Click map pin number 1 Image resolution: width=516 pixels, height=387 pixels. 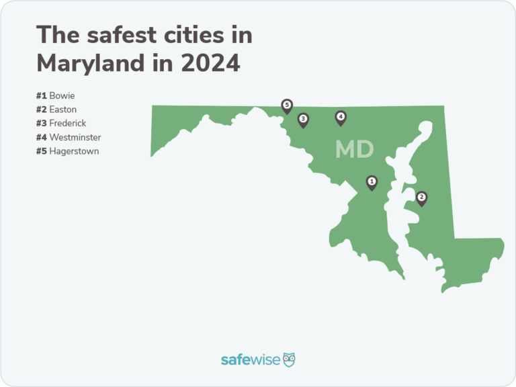click(x=371, y=181)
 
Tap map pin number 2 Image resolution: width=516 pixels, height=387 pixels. click(x=421, y=198)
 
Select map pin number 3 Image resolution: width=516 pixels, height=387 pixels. click(x=303, y=120)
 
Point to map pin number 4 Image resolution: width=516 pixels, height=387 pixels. click(x=341, y=118)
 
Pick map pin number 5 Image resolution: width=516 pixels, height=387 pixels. click(x=287, y=105)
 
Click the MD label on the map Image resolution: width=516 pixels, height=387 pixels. click(x=354, y=149)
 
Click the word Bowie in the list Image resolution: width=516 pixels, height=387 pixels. click(x=62, y=96)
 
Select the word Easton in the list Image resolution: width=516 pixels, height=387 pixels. click(x=63, y=110)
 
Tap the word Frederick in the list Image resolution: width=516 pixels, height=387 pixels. click(x=68, y=124)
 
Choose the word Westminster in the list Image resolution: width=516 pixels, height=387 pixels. click(x=75, y=137)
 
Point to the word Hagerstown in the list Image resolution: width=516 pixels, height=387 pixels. click(x=74, y=151)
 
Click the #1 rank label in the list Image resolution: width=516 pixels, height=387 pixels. click(x=42, y=96)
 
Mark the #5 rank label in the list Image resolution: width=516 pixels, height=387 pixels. click(x=42, y=151)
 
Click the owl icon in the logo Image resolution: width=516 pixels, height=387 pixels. click(x=289, y=359)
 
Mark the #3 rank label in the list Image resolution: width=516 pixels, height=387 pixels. click(x=42, y=124)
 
